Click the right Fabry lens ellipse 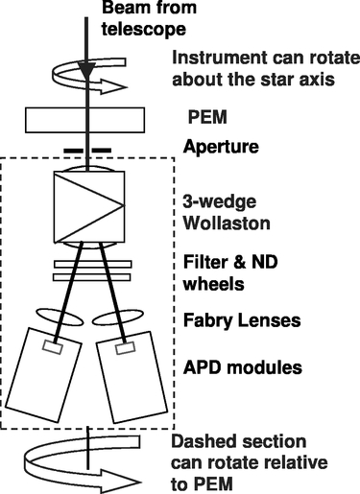(129, 318)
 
